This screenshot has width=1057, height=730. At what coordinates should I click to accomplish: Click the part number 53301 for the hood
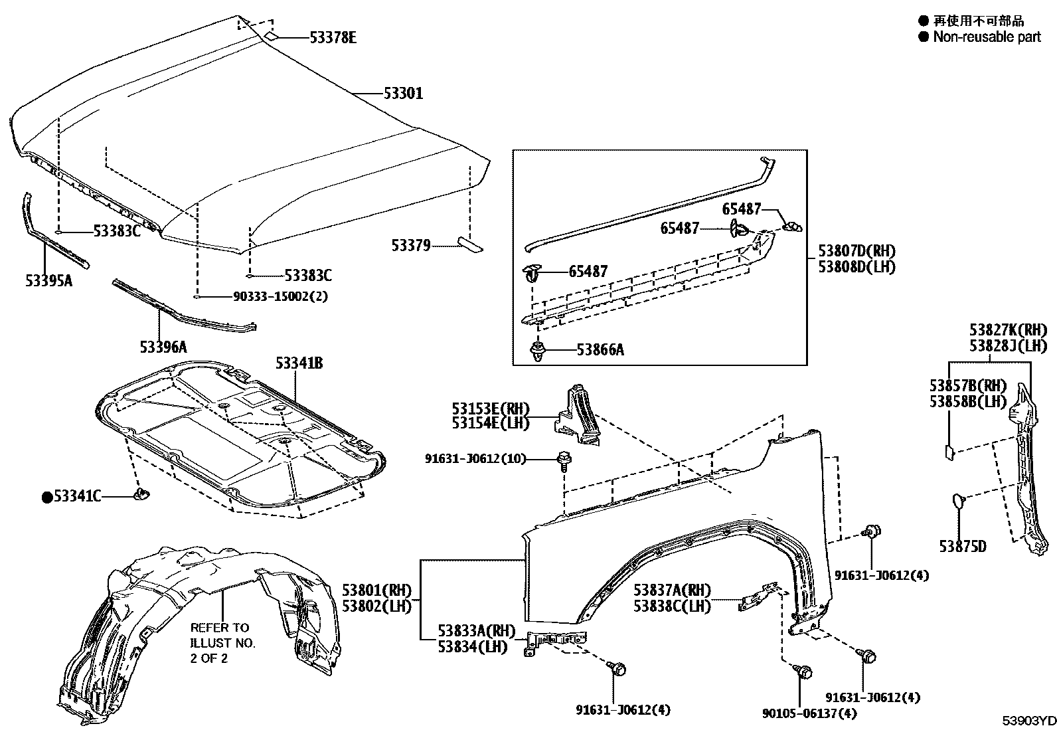403,94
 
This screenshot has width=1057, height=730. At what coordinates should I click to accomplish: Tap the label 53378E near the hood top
333,38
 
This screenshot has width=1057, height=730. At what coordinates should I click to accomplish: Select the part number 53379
411,246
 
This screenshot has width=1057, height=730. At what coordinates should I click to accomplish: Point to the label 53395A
49,281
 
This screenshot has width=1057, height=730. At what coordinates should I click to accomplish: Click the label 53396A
163,347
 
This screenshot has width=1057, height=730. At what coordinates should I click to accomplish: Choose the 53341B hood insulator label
299,363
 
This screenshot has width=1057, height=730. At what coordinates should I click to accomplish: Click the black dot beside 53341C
47,497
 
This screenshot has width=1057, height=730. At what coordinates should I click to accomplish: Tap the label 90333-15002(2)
280,296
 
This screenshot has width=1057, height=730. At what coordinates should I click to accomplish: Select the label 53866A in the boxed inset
600,349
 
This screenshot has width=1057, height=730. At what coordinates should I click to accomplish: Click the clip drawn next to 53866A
537,351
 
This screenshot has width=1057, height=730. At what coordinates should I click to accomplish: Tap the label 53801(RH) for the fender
377,590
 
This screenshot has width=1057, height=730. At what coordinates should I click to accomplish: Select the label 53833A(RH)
476,631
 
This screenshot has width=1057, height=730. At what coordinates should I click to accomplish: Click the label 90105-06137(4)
810,713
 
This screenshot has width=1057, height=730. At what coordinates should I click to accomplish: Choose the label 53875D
962,547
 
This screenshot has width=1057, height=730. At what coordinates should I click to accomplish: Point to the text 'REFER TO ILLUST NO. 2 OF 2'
222,642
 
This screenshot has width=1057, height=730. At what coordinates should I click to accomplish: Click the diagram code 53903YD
1028,721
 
